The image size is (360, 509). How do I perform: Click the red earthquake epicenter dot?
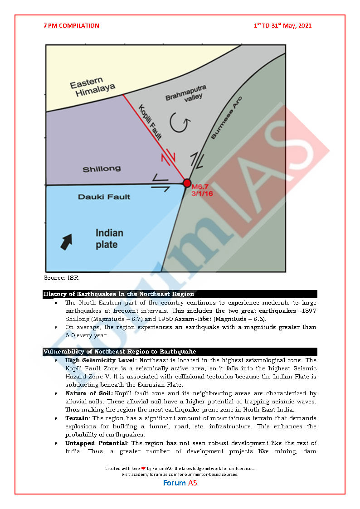click(x=187, y=183)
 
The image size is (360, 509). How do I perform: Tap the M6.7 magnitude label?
click(x=201, y=187)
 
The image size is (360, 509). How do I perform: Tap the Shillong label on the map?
click(x=102, y=169)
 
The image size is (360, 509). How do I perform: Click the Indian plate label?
click(x=109, y=239)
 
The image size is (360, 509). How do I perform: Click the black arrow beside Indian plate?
click(x=66, y=242)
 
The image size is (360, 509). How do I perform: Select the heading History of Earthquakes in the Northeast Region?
click(x=119, y=294)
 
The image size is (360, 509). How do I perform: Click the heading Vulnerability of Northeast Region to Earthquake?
click(x=120, y=352)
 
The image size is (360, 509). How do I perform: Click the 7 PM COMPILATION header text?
click(x=71, y=26)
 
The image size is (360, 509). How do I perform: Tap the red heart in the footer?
click(x=143, y=469)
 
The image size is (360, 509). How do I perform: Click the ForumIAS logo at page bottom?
click(x=180, y=483)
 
